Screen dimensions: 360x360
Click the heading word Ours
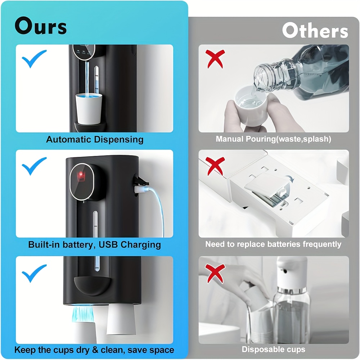tap(41, 26)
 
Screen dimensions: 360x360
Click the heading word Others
tap(315, 31)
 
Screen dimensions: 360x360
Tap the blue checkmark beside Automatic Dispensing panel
tap(34, 59)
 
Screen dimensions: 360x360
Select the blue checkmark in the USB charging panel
tap(34, 166)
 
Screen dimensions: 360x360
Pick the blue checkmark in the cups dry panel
tap(34, 273)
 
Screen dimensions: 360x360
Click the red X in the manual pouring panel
tap(215, 59)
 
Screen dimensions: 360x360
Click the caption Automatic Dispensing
tap(95, 139)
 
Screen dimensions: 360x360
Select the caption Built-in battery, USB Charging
tap(94, 245)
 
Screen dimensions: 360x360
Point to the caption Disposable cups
tap(273, 349)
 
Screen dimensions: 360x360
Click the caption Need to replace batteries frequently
tap(273, 244)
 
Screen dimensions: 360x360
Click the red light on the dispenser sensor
tap(81, 175)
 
